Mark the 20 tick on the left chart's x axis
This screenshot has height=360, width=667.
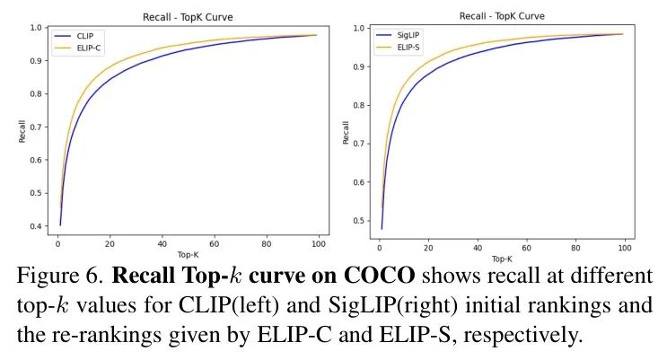(109, 244)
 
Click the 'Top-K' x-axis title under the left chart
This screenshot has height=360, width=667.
(187, 255)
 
